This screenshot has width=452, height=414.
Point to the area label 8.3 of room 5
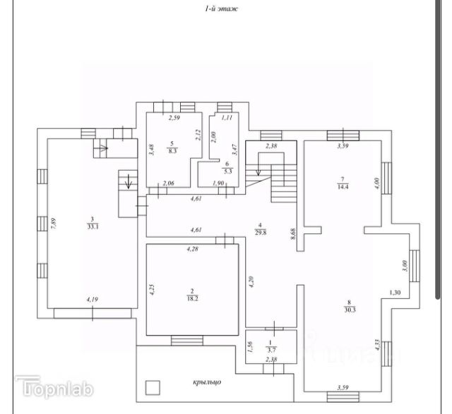click(172, 150)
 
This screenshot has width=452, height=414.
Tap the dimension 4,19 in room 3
click(92, 300)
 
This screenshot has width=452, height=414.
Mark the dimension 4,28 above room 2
click(192, 249)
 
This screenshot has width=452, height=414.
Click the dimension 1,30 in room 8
click(396, 293)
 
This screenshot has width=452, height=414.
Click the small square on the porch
click(152, 386)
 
